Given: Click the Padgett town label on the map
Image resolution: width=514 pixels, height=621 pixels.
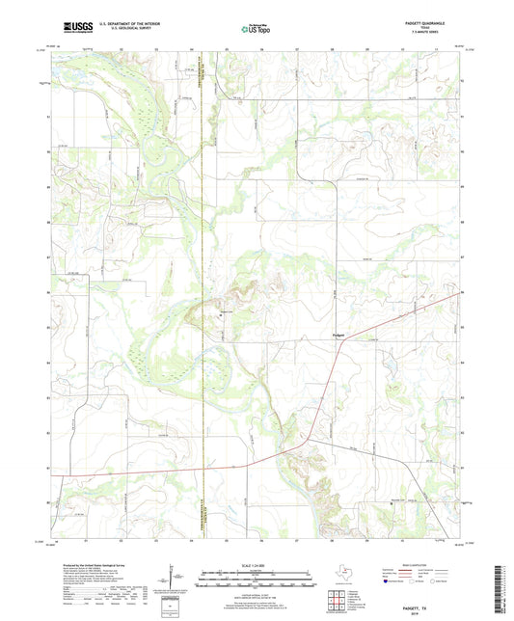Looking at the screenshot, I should (x=325, y=336).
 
